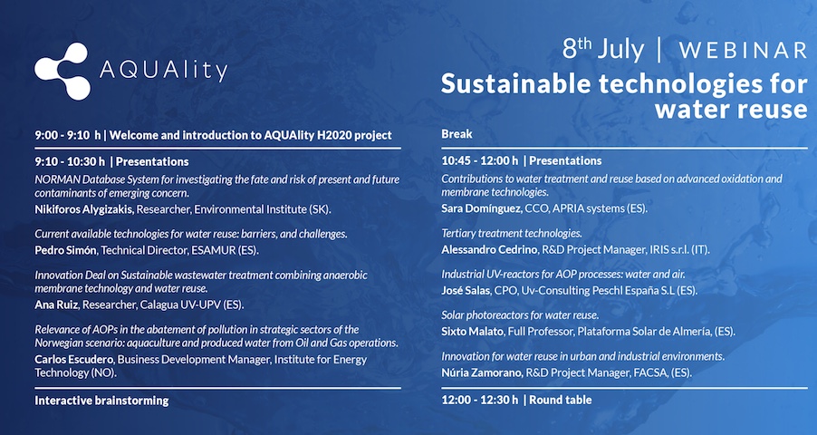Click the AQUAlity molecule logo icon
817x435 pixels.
(x=62, y=71)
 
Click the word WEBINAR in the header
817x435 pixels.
(x=743, y=51)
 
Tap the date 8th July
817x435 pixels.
(x=603, y=49)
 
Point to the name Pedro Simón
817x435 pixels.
(x=65, y=250)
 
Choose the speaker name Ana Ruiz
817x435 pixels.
(x=57, y=304)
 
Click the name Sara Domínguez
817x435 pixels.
(x=481, y=208)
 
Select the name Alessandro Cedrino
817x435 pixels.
(x=489, y=249)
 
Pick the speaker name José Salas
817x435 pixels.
(x=466, y=290)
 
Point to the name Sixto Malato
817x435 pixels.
(x=472, y=331)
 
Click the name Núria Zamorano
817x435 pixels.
(x=482, y=372)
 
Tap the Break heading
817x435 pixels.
(x=457, y=134)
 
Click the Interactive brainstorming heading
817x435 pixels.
(x=101, y=401)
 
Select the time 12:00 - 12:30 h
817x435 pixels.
(x=480, y=400)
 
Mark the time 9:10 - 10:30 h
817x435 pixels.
(x=70, y=161)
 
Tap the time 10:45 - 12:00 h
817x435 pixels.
(x=480, y=160)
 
